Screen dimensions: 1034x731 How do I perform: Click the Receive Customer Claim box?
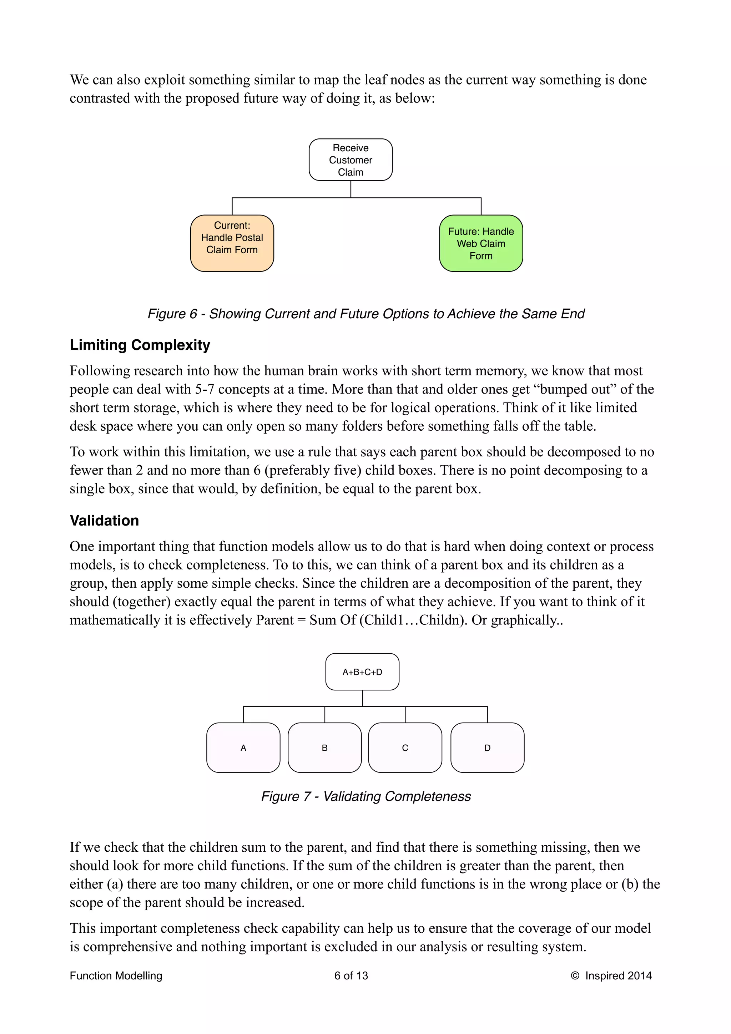(x=351, y=160)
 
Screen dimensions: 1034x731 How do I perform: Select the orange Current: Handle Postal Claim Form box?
(x=232, y=243)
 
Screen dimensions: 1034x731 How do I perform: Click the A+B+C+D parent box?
(x=362, y=672)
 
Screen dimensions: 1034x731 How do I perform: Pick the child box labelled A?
(x=243, y=747)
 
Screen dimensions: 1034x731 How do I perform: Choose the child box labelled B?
(x=324, y=747)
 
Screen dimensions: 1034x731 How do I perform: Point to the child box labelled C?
(x=405, y=747)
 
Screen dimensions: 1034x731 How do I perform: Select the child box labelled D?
(x=487, y=747)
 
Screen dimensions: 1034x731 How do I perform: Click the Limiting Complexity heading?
(x=140, y=345)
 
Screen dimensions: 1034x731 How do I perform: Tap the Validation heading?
(x=104, y=521)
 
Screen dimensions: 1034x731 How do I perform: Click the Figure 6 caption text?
(x=366, y=314)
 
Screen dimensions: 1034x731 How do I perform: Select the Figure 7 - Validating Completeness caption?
(x=366, y=796)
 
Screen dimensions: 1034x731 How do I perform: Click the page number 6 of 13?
(x=351, y=975)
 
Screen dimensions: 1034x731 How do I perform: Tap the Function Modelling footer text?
(x=116, y=975)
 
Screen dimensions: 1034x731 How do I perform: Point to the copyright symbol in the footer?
(x=575, y=975)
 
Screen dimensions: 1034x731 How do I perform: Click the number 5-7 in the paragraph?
(x=204, y=389)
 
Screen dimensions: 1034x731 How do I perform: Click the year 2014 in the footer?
(x=640, y=975)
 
